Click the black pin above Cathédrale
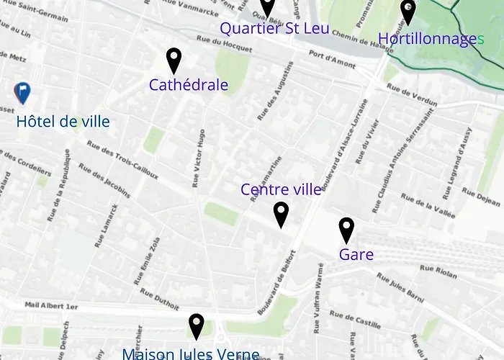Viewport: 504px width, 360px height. coord(174,60)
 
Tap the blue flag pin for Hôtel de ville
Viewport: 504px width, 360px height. coord(22,93)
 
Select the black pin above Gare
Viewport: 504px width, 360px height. coord(346,230)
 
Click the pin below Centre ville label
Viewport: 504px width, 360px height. coord(281,214)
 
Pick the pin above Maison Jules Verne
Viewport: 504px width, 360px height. coord(196,325)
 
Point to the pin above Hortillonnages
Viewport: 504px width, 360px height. coord(408,12)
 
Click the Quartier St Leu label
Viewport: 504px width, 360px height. coord(274,29)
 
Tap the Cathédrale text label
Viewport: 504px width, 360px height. coord(189,85)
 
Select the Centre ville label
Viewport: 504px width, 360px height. coord(281,189)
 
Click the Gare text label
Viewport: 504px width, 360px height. coord(356,254)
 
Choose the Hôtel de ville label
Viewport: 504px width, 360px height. coord(63,122)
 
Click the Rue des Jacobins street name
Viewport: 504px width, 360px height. coord(104,181)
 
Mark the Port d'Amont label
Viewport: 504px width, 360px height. coord(332,58)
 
